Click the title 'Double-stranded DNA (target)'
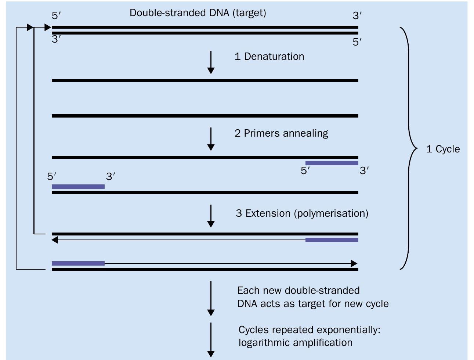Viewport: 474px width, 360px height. coord(198,13)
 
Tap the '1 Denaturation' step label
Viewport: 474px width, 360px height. coord(269,57)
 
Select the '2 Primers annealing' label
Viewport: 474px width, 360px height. coord(281,133)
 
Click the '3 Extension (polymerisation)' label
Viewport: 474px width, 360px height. coord(302,213)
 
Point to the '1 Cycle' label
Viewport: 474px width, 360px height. coord(443,149)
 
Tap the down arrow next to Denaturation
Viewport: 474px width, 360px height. coord(211,62)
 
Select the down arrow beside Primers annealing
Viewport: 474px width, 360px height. coord(211,139)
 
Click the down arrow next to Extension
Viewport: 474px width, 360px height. coord(211,216)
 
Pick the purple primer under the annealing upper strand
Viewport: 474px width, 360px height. coord(332,163)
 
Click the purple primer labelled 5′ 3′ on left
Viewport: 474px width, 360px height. coord(78,187)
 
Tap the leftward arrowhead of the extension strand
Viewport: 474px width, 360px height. coord(55,240)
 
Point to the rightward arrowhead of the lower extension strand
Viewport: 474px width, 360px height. coord(354,263)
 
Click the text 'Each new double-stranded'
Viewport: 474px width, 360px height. coord(298,291)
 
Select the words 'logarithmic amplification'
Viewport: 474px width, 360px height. coord(295,343)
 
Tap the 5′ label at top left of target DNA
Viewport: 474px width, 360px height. coord(57,16)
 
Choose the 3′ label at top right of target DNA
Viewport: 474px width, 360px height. coord(357,16)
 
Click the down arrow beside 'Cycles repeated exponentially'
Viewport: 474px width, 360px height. coord(211,340)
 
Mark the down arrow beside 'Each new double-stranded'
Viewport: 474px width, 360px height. coord(211,298)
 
